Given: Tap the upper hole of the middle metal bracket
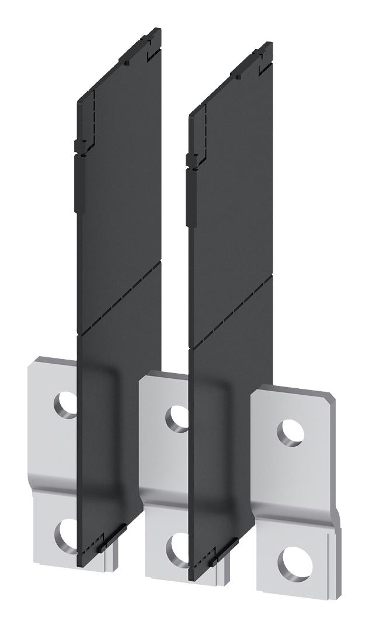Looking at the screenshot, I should [176, 418].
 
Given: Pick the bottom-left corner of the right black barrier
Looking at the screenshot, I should [192, 578].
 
